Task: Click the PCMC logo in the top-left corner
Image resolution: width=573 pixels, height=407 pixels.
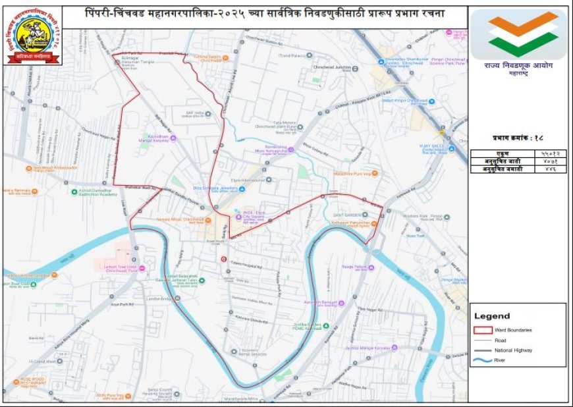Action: coord(33,36)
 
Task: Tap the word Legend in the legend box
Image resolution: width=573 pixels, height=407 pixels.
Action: coord(492,316)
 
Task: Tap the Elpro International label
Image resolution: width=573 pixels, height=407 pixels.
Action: coord(253,178)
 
